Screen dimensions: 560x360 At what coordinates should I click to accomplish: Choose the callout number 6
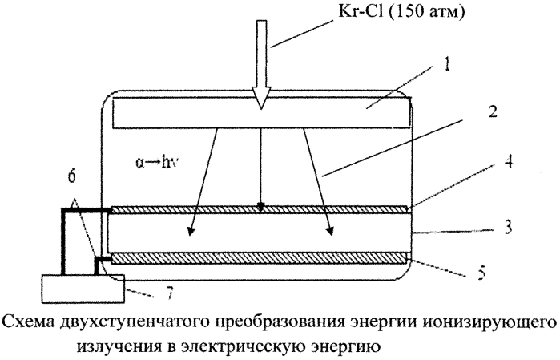[71, 177]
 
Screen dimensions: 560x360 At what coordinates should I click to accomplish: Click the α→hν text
[157, 162]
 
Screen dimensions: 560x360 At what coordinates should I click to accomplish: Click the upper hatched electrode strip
[260, 209]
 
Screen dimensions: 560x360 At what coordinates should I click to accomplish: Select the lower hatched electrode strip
[260, 258]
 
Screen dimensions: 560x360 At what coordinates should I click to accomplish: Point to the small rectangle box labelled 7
[83, 289]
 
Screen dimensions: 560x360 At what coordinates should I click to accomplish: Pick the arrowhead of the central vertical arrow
[261, 208]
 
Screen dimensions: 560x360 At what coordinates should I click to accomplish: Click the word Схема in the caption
[29, 322]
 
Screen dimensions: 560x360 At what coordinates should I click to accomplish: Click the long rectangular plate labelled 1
[261, 112]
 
